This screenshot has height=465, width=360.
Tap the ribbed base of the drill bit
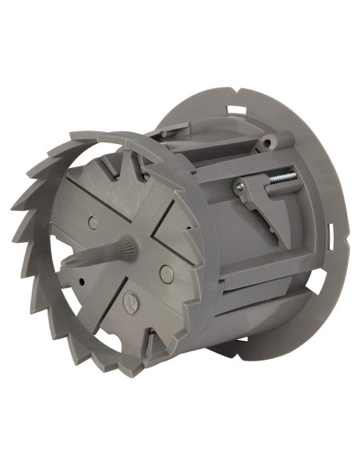point(127,252)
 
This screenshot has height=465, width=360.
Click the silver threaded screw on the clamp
point(280,178)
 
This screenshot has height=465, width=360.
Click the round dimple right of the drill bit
point(165,273)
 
